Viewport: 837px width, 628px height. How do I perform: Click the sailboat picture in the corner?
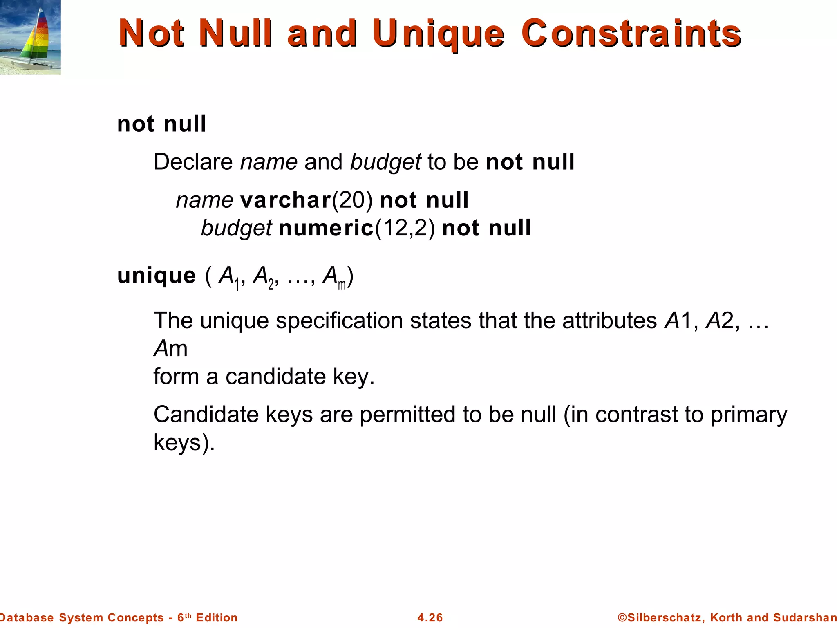point(30,37)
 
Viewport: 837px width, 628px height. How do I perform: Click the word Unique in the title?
point(438,34)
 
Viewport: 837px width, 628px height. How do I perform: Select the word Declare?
point(193,162)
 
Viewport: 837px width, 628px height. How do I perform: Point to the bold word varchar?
point(285,200)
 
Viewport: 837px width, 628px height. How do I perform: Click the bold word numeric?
point(326,228)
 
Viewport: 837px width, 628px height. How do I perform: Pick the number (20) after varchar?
point(352,200)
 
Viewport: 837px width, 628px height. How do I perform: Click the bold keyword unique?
point(157,276)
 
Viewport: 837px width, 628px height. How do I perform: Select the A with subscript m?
point(333,277)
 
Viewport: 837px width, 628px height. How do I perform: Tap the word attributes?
point(609,321)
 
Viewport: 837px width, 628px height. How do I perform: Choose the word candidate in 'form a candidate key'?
point(275,377)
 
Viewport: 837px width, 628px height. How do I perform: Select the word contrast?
point(636,415)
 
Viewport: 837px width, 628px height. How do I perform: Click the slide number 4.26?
point(430,617)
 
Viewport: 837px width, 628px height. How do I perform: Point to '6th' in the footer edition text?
point(184,617)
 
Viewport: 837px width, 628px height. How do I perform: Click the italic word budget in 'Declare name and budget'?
point(385,162)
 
